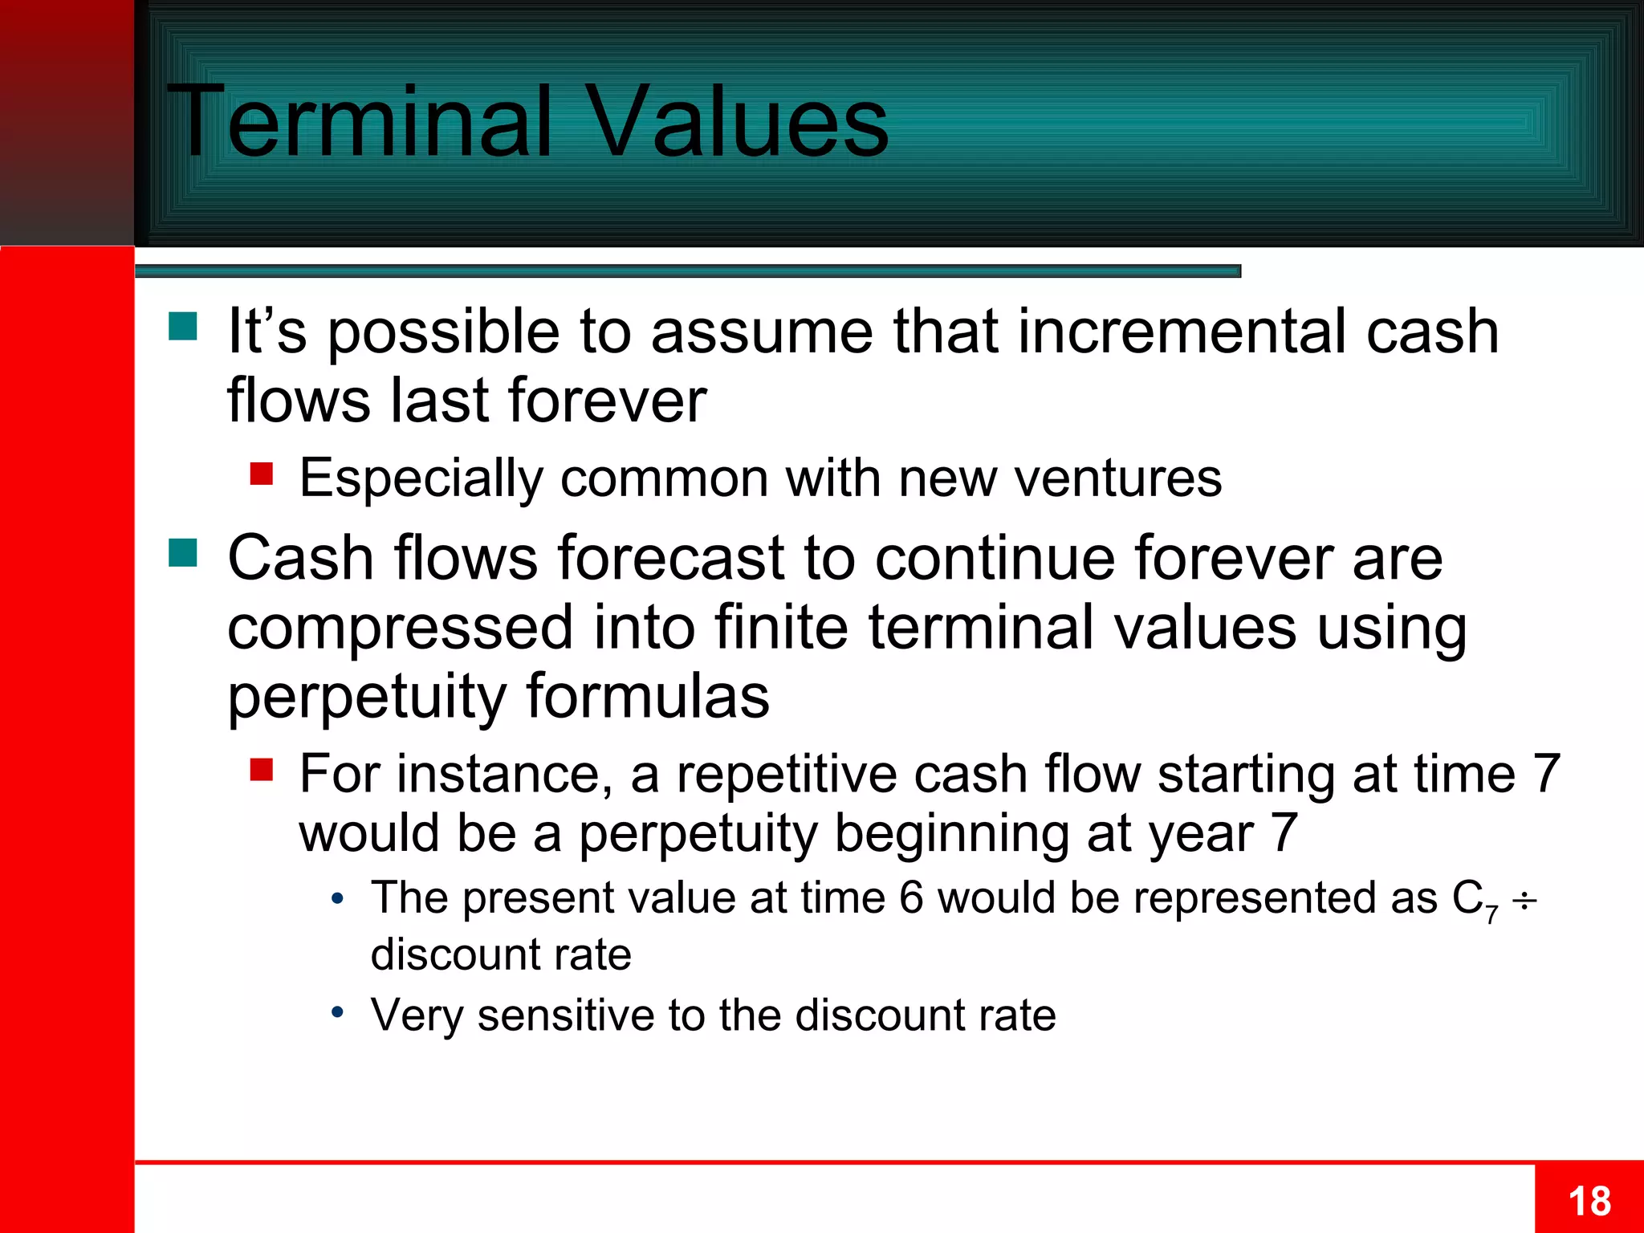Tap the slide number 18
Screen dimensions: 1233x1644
coord(1589,1202)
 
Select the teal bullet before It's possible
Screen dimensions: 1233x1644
coord(183,328)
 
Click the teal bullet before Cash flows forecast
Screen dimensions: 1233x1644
coord(183,553)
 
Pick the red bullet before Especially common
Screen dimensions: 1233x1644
coord(262,474)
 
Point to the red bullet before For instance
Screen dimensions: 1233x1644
coord(262,770)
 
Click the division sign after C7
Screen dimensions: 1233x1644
coord(1524,901)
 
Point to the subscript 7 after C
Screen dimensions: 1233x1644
coord(1491,914)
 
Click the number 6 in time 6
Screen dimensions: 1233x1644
coord(911,897)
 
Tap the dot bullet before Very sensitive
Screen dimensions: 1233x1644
coord(338,1012)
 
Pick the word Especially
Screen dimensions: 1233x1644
coord(421,479)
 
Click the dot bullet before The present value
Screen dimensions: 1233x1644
coord(338,898)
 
